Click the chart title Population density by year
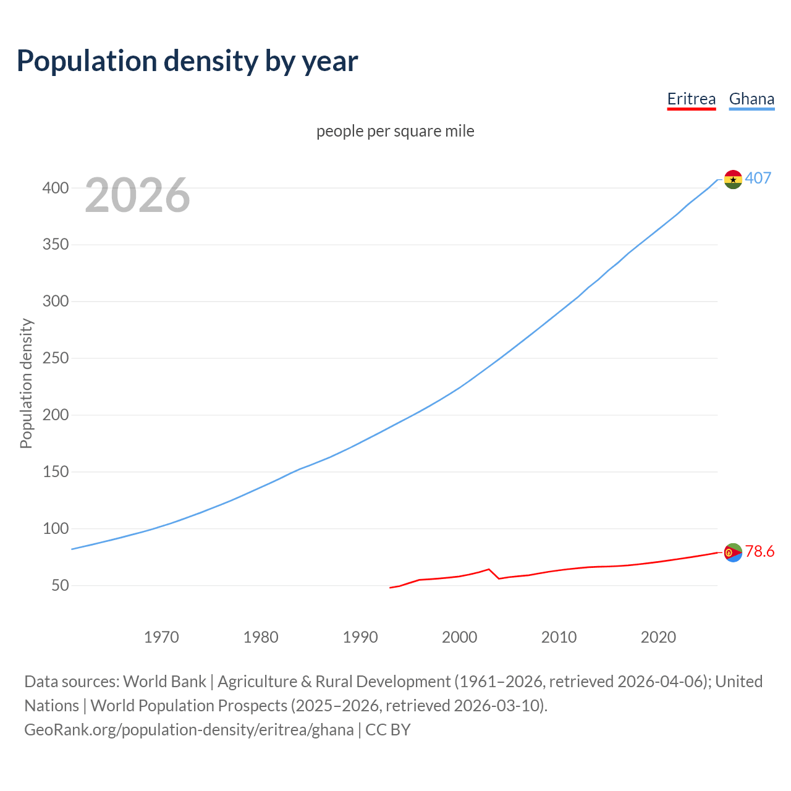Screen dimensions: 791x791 click(187, 61)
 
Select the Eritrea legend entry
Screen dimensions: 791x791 click(691, 99)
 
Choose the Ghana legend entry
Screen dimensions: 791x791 click(751, 99)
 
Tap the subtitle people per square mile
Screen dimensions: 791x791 click(395, 131)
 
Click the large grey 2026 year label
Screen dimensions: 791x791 click(137, 195)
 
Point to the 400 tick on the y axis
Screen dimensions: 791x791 click(55, 188)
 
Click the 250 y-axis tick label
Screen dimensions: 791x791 click(55, 358)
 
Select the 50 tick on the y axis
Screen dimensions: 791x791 click(60, 585)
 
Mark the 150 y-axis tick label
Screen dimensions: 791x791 click(55, 472)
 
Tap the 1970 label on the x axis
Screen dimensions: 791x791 click(161, 637)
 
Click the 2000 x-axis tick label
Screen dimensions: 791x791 click(459, 637)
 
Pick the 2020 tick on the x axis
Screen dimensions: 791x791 click(658, 637)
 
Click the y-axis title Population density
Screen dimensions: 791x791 click(26, 383)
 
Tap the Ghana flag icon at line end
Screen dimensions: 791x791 click(733, 179)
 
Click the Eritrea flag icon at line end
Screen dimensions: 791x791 click(733, 552)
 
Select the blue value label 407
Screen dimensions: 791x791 click(758, 178)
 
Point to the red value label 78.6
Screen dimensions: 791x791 click(759, 551)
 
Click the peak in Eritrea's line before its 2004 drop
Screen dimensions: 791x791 click(489, 569)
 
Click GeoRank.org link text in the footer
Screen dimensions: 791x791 click(188, 730)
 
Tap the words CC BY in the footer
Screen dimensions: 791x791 click(388, 730)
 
